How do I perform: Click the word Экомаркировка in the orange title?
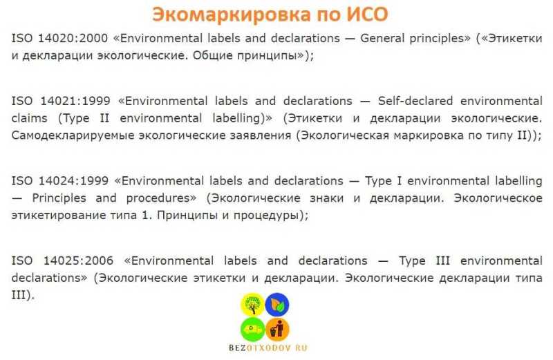click(232, 15)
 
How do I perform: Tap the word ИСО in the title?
click(367, 15)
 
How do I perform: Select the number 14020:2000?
click(73, 38)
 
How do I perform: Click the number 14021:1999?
click(75, 101)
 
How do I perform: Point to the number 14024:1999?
click(73, 181)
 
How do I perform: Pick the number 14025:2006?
click(78, 261)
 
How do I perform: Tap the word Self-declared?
click(415, 101)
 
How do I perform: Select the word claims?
click(29, 117)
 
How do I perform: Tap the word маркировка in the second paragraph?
click(429, 135)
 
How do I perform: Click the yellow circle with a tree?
click(252, 305)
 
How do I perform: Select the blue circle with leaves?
click(277, 305)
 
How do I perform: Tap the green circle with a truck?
click(252, 330)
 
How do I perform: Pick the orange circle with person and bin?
click(277, 330)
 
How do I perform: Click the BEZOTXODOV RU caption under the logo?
click(268, 348)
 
